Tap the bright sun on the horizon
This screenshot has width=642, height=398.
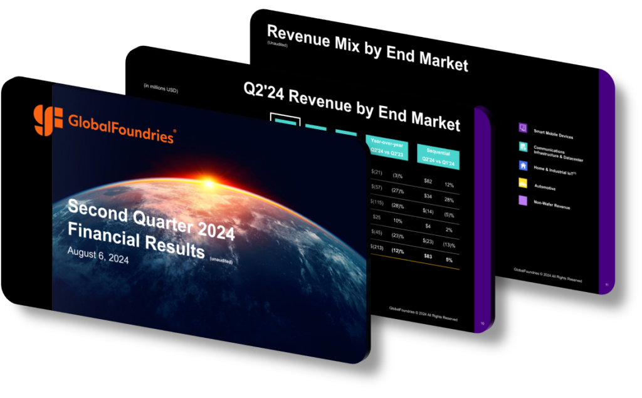[x=206, y=184]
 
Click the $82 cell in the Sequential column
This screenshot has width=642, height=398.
[x=428, y=181]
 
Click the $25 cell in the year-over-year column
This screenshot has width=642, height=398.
[x=376, y=217]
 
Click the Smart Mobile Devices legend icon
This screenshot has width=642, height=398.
[x=522, y=128]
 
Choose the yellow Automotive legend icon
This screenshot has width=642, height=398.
[x=523, y=183]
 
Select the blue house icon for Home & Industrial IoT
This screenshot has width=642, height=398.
[x=522, y=165]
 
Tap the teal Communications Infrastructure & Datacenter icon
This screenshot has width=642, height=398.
[x=522, y=147]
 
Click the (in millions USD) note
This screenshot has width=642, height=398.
[x=160, y=88]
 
